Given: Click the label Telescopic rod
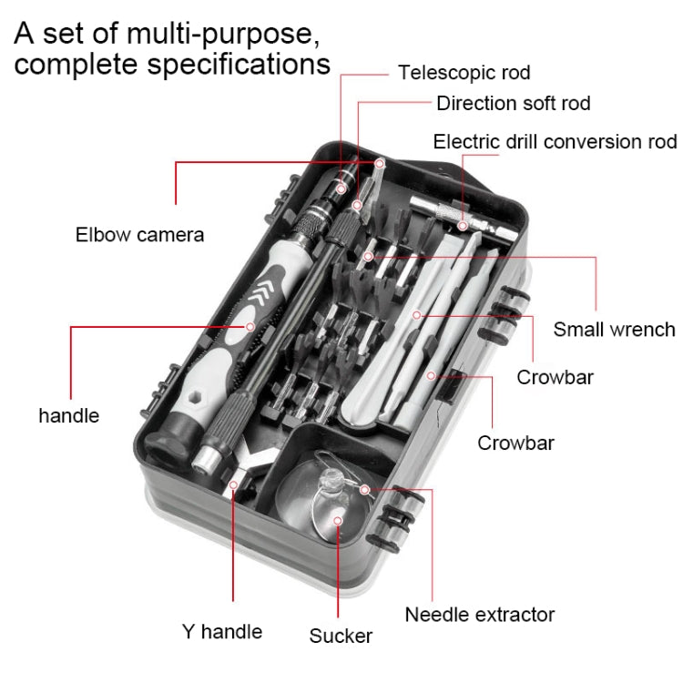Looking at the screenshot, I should coord(464,72).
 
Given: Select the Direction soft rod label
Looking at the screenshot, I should coord(513,103).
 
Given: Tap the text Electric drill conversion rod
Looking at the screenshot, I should coord(555,141).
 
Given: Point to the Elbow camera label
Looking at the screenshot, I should coord(139,235).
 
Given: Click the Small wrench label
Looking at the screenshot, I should coord(614,329).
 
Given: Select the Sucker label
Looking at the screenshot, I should coord(341,636).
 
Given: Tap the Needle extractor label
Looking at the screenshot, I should coord(480,615).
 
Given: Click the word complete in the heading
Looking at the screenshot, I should coord(67,66).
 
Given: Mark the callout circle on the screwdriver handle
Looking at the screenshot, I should coord(250,325).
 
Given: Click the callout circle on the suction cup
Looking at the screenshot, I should coord(338,521).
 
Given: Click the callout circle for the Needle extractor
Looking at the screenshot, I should coord(365,489).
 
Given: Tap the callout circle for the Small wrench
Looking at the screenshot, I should coord(368,257).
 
